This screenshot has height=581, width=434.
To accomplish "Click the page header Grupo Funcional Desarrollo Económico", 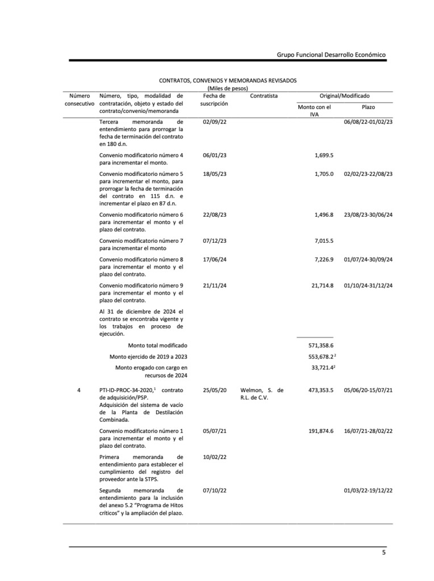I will tap(331, 54).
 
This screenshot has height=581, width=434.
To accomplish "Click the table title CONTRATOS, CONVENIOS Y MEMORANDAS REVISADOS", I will tap(227, 81).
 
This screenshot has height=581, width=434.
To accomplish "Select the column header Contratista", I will tap(264, 96).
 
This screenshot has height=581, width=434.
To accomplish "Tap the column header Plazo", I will tap(368, 107).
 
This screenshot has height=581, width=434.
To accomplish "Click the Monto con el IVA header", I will tap(314, 111).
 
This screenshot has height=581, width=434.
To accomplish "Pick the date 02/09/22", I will tap(215, 122).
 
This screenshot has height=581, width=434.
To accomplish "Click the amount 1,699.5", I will tap(323, 155).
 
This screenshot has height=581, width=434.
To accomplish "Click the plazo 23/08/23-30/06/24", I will tap(369, 215).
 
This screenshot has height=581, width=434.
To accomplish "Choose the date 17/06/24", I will tap(215, 259).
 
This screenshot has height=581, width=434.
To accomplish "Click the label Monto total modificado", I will tap(157, 345).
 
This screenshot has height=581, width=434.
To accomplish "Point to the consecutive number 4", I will tap(79, 390).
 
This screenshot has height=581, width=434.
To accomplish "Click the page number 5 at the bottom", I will tap(383, 553).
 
